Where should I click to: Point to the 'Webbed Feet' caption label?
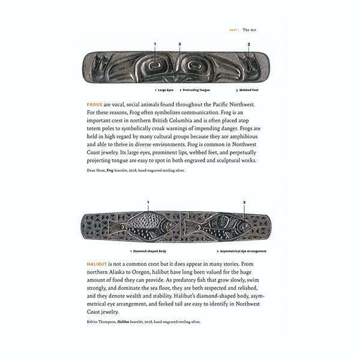[x=250, y=90]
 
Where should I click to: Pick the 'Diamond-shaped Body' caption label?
[x=150, y=251]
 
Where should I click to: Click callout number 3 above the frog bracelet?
[x=248, y=44]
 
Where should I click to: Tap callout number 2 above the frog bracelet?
[x=179, y=44]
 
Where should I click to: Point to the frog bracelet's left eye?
[x=155, y=64]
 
